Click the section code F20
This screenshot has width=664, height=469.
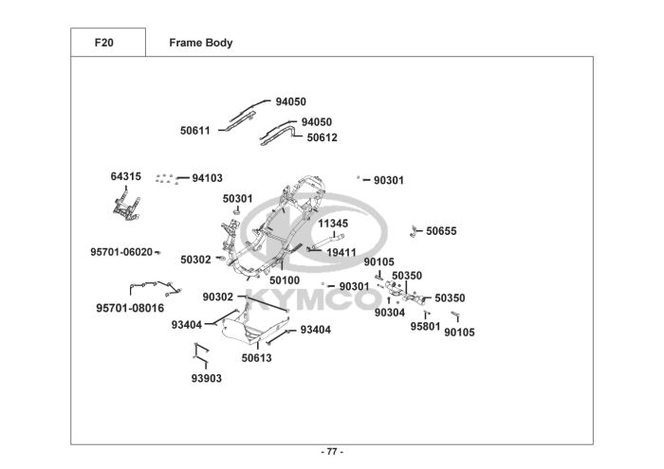103,43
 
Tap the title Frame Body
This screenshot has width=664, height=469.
201,43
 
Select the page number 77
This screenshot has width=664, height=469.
332,452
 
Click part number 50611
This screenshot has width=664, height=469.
195,131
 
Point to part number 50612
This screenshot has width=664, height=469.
323,137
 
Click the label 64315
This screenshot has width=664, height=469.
126,176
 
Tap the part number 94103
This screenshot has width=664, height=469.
208,178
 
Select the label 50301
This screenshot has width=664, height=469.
237,199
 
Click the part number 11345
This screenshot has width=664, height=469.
333,224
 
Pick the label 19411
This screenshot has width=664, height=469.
341,252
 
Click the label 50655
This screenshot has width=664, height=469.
442,231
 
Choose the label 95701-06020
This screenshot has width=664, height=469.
121,252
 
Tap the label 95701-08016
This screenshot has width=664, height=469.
130,308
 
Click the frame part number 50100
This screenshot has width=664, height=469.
285,280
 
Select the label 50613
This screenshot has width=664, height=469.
257,358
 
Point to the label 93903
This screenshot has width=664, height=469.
207,378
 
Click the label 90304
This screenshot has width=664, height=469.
390,313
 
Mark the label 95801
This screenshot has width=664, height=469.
426,327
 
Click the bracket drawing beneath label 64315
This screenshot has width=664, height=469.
126,207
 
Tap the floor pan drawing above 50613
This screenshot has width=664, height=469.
254,326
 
